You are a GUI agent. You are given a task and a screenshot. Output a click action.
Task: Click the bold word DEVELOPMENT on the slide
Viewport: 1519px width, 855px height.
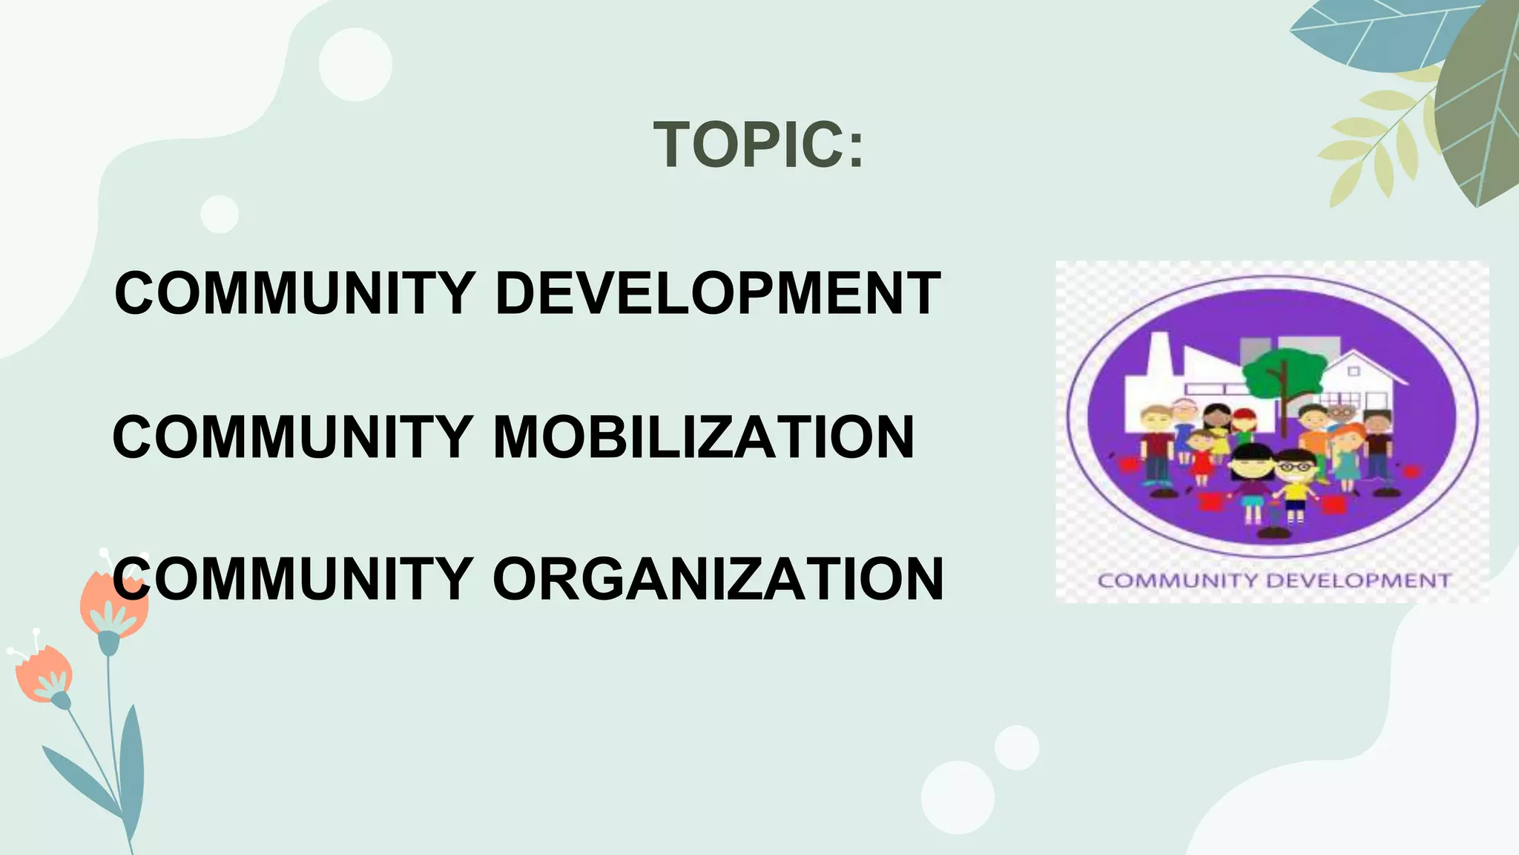717,293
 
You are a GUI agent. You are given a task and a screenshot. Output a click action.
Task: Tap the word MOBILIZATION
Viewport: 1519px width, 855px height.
703,437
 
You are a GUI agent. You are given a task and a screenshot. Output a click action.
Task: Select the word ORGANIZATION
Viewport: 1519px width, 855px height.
717,579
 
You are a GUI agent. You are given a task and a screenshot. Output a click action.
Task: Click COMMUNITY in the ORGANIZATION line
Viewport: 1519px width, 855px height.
293,579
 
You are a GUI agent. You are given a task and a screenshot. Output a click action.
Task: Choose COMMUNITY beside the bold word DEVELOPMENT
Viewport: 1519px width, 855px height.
294,293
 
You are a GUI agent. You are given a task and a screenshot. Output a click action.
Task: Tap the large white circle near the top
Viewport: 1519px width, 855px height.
355,64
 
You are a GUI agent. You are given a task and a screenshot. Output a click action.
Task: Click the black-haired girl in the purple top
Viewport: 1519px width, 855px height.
1252,482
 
